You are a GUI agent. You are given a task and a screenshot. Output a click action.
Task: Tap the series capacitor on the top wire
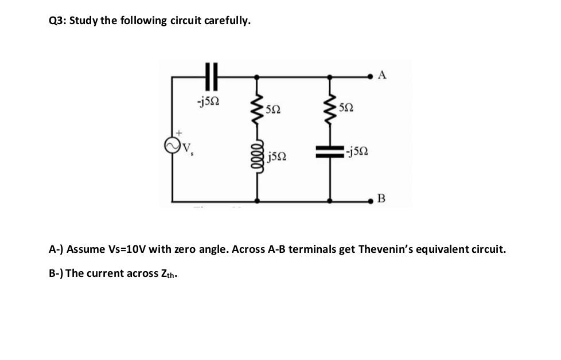click(x=211, y=76)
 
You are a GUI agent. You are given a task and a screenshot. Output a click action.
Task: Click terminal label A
click(x=383, y=75)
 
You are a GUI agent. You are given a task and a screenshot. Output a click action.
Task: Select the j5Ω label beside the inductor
click(x=277, y=155)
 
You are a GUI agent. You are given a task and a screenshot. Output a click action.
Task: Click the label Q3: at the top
click(x=59, y=21)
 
